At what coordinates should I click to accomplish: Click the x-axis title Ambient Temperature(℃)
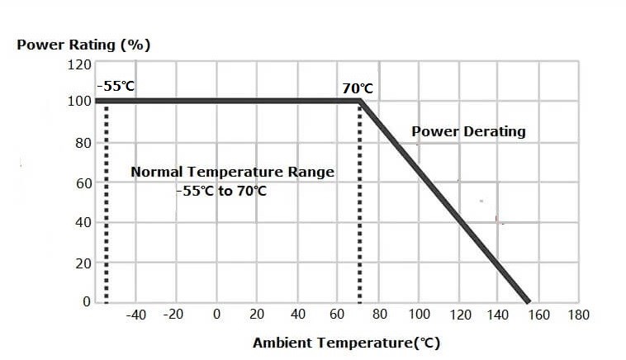347,343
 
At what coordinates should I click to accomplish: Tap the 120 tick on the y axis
80,64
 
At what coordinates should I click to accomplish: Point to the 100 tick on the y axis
80,102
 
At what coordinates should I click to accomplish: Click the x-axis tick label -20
173,315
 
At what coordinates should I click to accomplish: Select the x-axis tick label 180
578,315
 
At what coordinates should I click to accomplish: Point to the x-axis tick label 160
540,315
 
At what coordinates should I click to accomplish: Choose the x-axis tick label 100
419,315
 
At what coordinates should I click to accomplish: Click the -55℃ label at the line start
116,85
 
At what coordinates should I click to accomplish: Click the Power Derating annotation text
468,131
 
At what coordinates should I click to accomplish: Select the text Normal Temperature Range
233,172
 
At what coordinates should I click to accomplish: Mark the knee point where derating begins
360,102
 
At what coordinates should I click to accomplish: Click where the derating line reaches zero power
526,301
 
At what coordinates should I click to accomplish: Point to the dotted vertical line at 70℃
359,206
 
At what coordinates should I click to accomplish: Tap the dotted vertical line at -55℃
107,206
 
